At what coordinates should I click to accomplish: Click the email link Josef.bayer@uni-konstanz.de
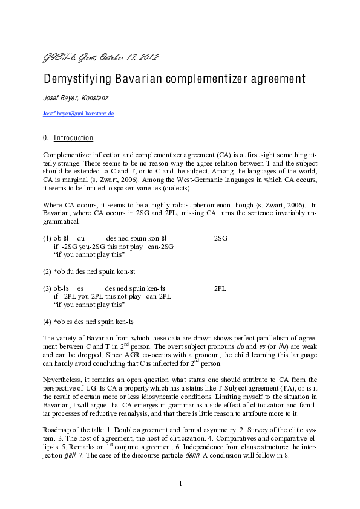coord(79,113)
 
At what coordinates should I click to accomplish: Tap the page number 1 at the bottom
coord(180,483)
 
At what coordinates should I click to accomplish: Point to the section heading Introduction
coord(73,138)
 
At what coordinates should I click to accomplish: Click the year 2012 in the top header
coord(148,58)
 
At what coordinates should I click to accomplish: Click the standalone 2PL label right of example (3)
coord(220,288)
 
